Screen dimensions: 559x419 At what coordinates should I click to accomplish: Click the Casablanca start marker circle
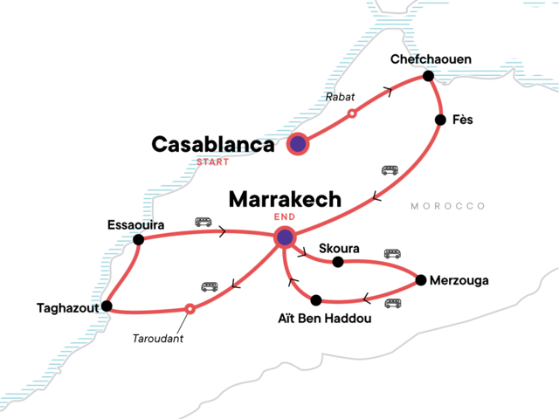point(298,144)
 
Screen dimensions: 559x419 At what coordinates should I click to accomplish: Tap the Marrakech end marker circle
point(285,237)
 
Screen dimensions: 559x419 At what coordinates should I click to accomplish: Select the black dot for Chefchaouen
point(428,76)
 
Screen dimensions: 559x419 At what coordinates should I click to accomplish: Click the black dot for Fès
point(440,120)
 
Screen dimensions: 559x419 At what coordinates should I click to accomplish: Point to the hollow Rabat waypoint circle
point(352,113)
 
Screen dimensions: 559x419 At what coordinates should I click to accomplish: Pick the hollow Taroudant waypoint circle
point(190,308)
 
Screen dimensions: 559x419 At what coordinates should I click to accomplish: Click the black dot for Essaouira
point(138,239)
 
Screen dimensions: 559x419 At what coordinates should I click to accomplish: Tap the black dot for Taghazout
point(107,306)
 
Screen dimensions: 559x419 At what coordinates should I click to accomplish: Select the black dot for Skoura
point(338,262)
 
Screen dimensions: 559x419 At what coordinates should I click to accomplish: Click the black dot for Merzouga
point(421,280)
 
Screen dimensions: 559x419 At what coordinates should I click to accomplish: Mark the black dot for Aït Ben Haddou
point(316,300)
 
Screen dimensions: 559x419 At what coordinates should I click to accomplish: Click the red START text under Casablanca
point(213,162)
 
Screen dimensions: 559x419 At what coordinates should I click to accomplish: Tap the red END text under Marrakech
point(285,216)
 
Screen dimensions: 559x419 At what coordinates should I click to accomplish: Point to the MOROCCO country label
point(448,206)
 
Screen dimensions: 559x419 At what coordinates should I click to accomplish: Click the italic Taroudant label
point(157,339)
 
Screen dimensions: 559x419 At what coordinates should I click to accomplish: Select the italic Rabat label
point(340,97)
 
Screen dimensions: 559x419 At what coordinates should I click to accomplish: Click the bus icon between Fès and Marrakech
point(390,170)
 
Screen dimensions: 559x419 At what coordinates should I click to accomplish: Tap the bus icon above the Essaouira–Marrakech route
point(204,223)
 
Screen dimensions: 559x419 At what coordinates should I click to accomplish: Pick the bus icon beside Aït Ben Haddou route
point(393,304)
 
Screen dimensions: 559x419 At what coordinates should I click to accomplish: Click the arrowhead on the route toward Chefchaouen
point(389,92)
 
